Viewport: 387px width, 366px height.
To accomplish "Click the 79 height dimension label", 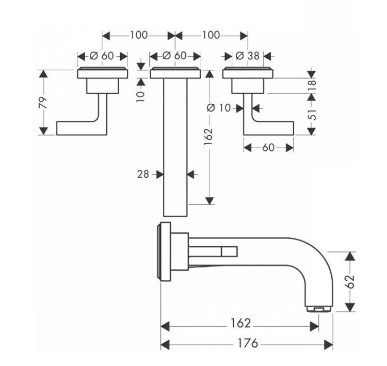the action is coord(43,103).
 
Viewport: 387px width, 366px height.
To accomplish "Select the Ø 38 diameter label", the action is coord(248,56).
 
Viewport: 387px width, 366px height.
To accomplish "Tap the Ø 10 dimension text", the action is coord(219,108).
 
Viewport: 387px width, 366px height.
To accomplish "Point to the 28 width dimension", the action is coord(143,174).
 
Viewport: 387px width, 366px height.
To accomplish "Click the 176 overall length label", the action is coord(248,343).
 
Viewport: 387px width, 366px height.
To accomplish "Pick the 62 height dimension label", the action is coord(349,281).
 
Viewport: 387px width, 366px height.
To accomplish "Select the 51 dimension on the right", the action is coord(313,115).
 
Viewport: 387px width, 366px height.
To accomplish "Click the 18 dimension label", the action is coord(313,85).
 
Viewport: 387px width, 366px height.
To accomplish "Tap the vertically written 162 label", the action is coord(208,137).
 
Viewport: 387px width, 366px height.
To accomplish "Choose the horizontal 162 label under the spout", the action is coord(240,323).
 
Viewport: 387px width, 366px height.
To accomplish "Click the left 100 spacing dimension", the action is coord(139,35).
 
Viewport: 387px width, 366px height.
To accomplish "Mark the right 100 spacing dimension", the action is coord(211,35).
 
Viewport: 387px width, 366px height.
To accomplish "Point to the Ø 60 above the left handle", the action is coord(102,56).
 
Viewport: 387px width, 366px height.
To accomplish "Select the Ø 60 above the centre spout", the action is coord(174,56).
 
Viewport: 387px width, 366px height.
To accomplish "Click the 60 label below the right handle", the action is coord(268,148).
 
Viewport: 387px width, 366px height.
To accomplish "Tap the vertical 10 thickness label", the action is coord(140,93).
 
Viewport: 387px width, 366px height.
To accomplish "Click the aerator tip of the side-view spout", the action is coord(319,309).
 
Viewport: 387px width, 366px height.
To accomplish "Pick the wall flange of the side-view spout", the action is coord(164,251).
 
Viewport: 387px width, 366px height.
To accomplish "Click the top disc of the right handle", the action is coord(248,73).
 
